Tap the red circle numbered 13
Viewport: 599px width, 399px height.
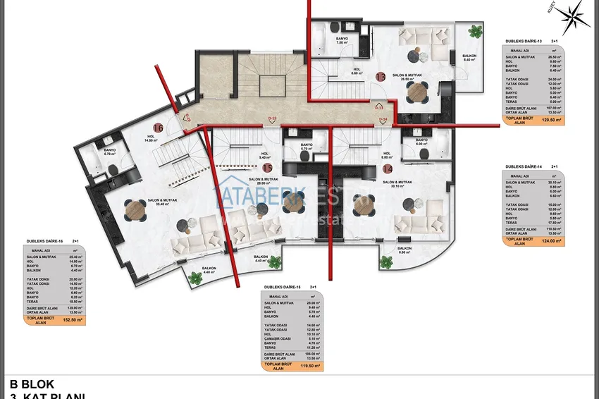click(x=380, y=76)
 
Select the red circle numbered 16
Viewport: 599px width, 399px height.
click(x=158, y=128)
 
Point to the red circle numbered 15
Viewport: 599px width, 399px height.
click(x=267, y=168)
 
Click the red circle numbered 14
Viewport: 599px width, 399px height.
click(x=388, y=168)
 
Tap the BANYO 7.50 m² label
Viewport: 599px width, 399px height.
click(x=342, y=41)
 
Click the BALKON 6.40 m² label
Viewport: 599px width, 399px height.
click(x=469, y=58)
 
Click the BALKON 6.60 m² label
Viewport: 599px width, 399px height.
click(x=404, y=250)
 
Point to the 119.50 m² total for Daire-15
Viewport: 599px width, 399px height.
click(x=310, y=366)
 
